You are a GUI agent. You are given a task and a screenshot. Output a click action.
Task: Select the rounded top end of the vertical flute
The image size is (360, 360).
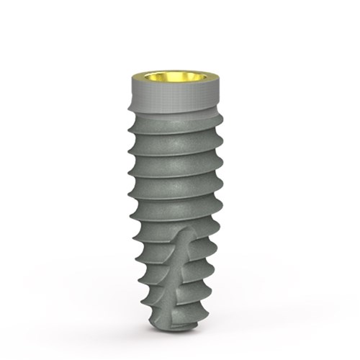185,232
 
